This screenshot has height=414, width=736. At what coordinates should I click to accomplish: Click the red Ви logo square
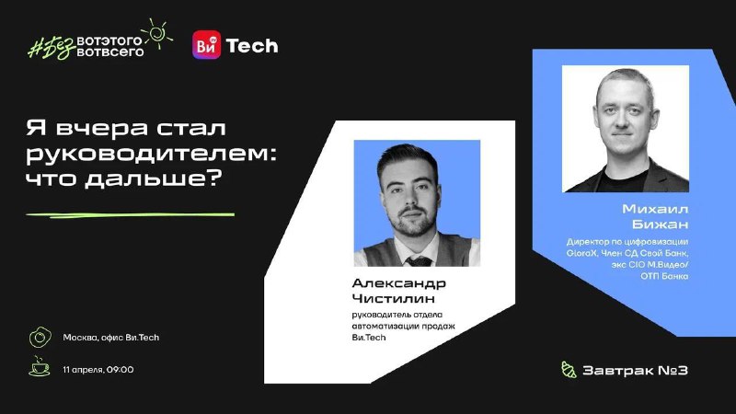coord(206,45)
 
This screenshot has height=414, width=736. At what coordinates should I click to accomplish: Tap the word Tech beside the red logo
coord(252,46)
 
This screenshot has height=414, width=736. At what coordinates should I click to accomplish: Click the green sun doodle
coord(157,33)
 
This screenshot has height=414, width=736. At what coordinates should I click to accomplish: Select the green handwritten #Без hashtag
coord(52,47)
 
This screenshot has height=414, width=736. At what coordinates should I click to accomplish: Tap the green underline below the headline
coord(130,215)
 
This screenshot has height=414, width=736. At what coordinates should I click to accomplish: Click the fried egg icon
coord(40,337)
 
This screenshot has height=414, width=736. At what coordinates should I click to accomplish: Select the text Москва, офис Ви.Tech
coord(111,338)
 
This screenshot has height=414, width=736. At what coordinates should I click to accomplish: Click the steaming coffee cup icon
coord(40,366)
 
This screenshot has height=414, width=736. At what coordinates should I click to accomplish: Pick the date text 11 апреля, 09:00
coord(98,370)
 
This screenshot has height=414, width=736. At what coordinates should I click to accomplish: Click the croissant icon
coord(569,370)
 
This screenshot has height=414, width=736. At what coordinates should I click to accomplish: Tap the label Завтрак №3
coord(635,371)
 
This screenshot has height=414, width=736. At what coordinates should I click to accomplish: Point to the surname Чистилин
coord(394,298)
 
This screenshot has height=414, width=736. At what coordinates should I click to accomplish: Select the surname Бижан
coord(660,224)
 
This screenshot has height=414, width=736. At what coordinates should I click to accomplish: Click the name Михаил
coord(655,209)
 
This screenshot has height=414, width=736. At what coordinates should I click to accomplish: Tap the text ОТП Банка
coord(664,276)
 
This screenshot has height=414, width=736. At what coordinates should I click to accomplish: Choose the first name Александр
coord(399,283)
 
